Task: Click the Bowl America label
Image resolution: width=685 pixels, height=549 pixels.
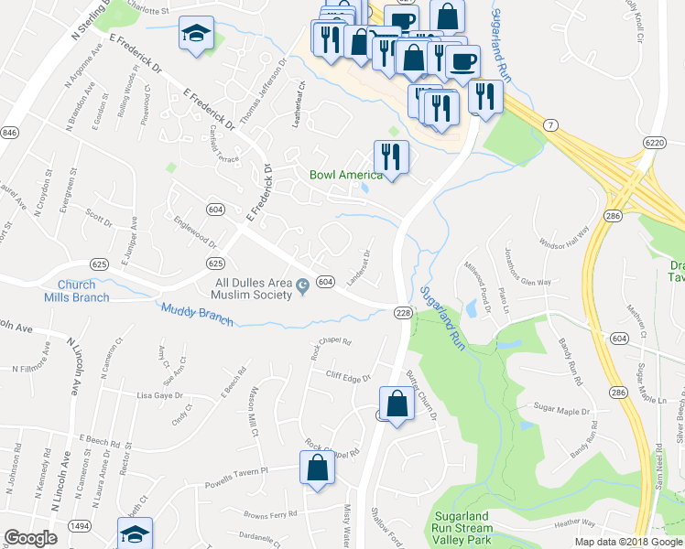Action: [345, 175]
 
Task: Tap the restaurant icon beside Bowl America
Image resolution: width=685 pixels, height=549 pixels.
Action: [392, 156]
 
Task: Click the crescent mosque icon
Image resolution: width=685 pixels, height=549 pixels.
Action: [303, 289]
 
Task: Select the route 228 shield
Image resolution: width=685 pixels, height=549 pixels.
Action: [404, 313]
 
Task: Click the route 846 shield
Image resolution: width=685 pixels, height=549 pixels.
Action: [9, 134]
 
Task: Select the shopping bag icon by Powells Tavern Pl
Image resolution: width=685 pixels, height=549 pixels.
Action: [316, 468]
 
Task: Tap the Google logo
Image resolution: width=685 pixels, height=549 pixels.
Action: [31, 538]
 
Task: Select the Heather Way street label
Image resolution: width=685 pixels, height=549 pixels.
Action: [574, 522]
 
